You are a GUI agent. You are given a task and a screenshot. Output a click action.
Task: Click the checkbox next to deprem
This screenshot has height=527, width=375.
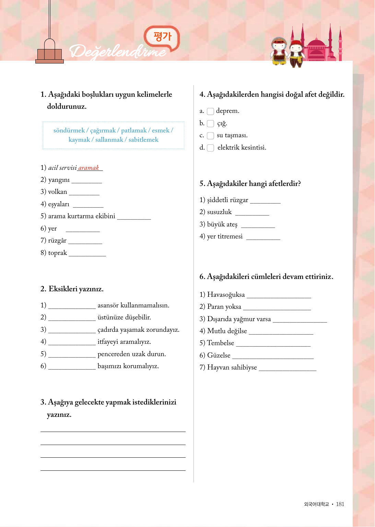[210, 111]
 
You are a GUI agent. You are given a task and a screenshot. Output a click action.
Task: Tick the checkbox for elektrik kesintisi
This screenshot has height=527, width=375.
[210, 148]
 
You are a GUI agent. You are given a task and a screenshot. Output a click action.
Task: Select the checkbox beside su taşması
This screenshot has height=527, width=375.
[210, 136]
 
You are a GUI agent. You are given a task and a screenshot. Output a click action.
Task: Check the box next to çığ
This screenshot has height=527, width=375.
[210, 124]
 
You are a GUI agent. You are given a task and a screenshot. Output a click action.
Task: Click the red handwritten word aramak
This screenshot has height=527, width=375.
[89, 168]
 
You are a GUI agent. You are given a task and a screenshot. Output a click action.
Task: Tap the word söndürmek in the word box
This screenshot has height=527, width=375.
[69, 130]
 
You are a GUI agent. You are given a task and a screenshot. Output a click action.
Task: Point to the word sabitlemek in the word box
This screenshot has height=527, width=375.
[143, 140]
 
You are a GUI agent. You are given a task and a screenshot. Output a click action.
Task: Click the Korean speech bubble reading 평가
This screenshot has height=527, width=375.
[162, 36]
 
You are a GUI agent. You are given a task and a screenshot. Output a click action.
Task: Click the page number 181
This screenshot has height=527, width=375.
[340, 504]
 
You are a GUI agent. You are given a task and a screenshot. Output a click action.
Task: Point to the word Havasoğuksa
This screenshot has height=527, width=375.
[226, 295]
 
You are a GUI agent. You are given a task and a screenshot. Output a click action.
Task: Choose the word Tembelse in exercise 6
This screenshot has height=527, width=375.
[220, 343]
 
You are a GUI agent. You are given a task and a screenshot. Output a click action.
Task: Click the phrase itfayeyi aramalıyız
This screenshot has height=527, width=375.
[124, 342]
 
